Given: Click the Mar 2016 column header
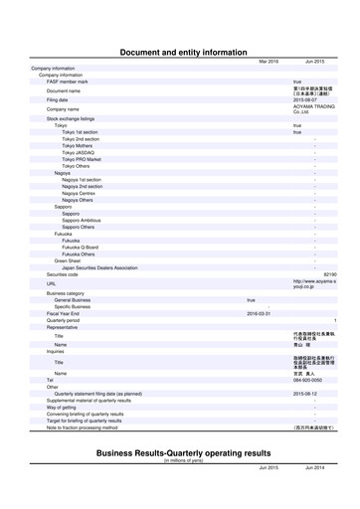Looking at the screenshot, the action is tap(269, 62).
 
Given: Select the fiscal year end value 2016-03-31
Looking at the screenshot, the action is tap(258, 313).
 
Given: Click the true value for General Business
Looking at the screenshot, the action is tap(251, 299).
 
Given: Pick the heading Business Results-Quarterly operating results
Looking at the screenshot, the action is tap(183, 452).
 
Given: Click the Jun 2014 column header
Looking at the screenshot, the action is tap(315, 467).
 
